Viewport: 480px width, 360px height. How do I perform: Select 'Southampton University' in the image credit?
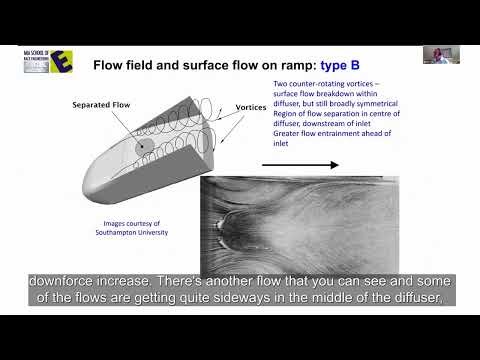click(138, 234)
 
